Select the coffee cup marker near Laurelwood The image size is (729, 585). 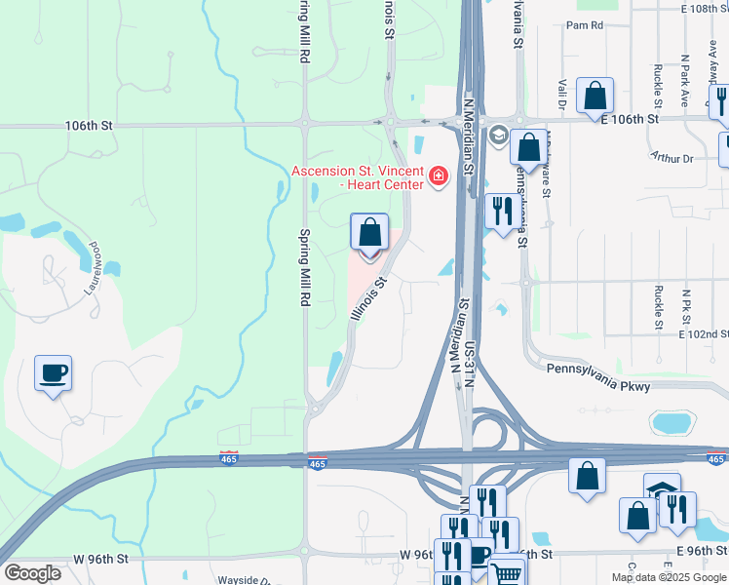click(x=53, y=372)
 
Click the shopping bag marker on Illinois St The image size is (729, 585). click(x=369, y=234)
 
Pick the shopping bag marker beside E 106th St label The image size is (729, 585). click(x=595, y=97)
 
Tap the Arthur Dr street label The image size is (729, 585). click(x=671, y=158)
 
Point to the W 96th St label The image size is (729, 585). click(x=100, y=559)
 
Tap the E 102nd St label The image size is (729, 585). click(x=704, y=334)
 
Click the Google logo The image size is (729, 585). click(x=32, y=573)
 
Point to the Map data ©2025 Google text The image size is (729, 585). click(x=669, y=577)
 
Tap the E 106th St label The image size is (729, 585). click(x=631, y=119)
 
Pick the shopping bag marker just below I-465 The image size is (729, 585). click(x=587, y=477)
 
